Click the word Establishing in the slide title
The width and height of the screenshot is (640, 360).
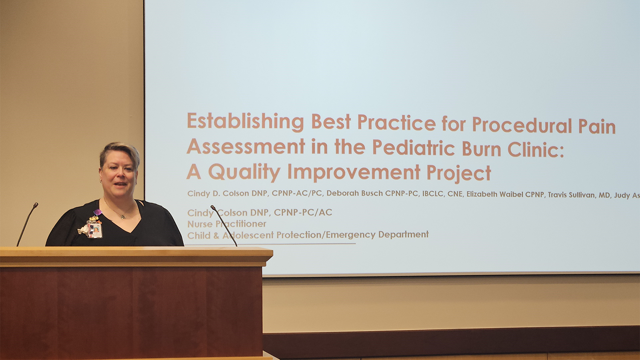click(x=245, y=122)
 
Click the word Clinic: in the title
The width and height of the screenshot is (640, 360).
click(x=535, y=149)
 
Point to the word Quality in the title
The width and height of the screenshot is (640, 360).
click(x=244, y=172)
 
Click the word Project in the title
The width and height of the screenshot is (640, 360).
click(x=459, y=173)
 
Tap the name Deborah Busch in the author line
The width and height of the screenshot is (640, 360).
click(x=354, y=194)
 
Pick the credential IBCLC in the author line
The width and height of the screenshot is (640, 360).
click(x=433, y=194)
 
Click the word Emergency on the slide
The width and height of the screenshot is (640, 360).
click(x=351, y=235)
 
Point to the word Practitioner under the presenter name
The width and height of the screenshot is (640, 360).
click(x=241, y=224)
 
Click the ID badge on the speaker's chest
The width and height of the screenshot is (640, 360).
click(x=95, y=230)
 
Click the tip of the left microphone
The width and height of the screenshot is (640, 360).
click(x=36, y=205)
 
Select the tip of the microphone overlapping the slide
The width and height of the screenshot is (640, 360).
click(x=212, y=207)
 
